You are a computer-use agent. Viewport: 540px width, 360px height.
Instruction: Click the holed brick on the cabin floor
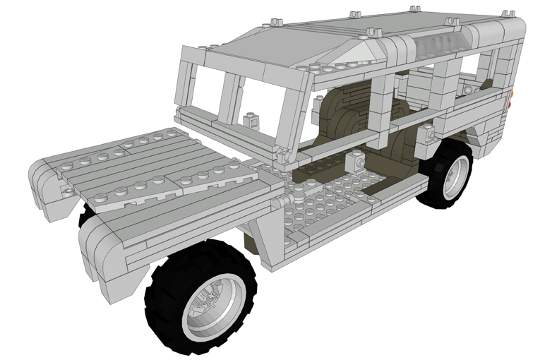pyautogui.click(x=356, y=162)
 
